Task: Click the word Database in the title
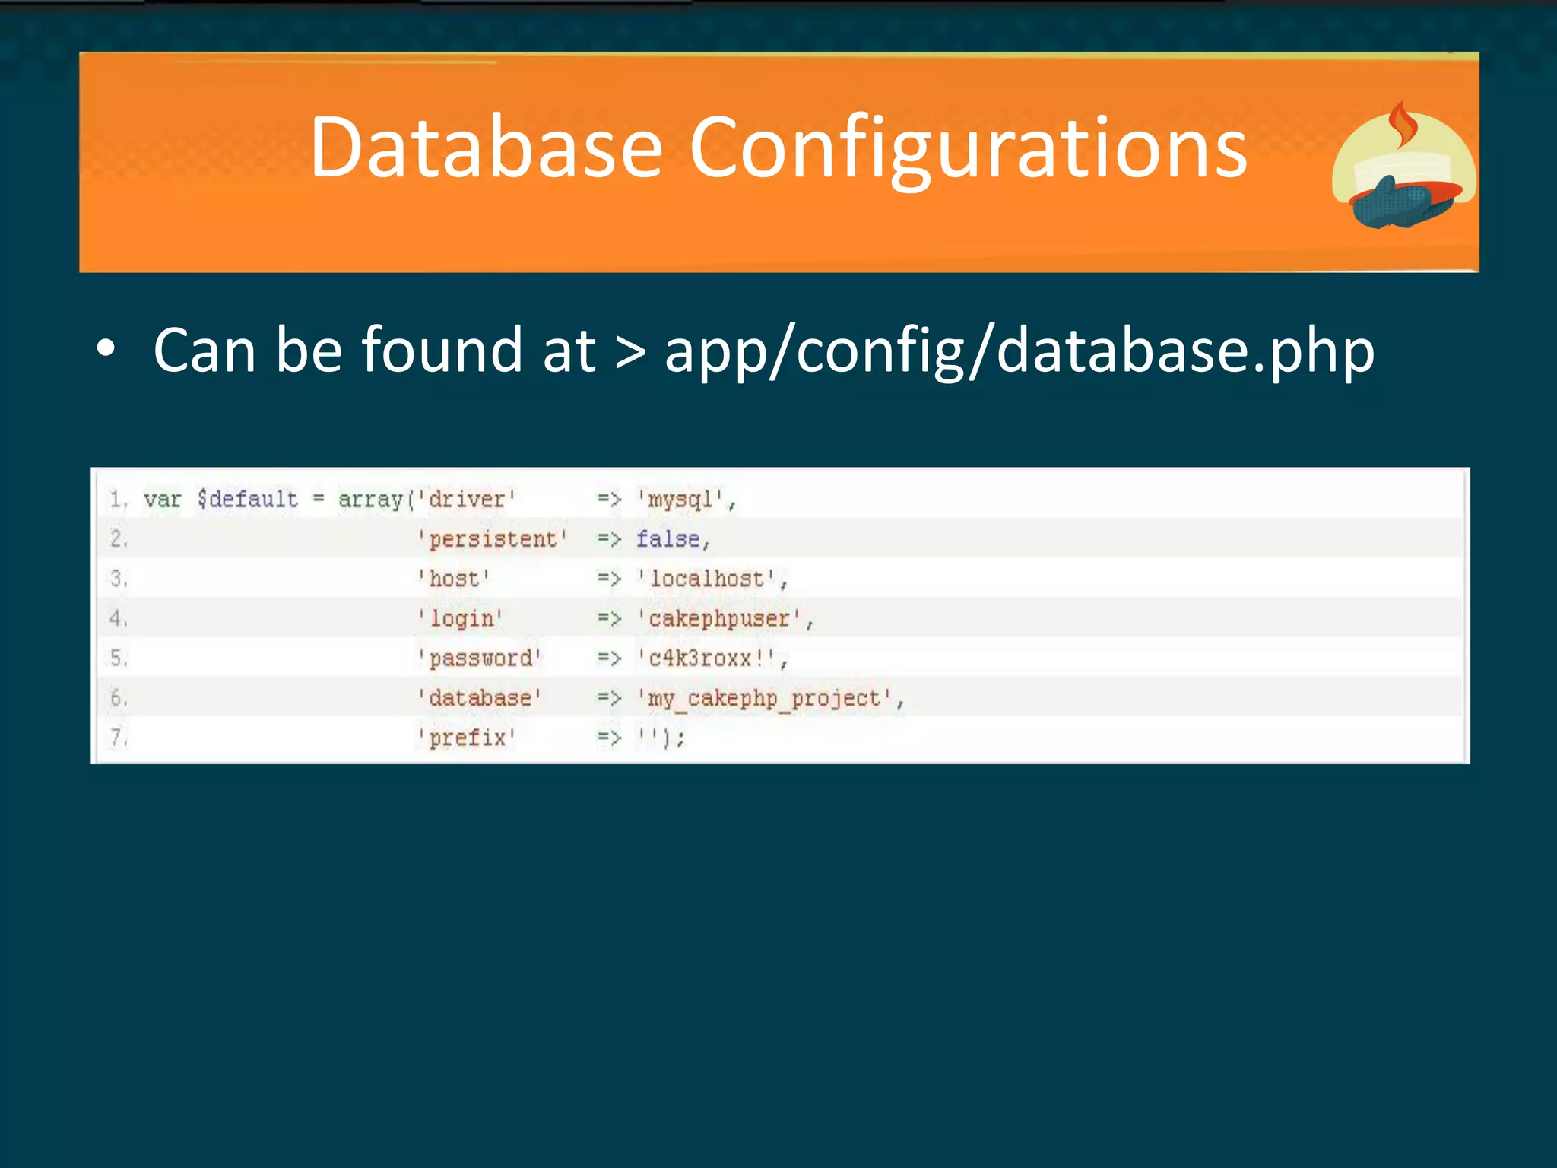click(487, 148)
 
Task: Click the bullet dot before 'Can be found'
click(106, 349)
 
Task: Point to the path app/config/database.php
click(1019, 351)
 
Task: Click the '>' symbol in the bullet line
click(629, 352)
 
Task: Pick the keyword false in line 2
click(668, 539)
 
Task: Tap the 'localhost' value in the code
click(706, 579)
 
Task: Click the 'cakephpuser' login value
click(719, 618)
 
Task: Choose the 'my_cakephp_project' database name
click(763, 698)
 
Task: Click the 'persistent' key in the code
click(492, 539)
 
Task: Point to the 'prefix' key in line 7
click(466, 738)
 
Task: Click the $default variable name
click(248, 500)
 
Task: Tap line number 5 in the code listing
click(118, 658)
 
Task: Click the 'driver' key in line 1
click(466, 500)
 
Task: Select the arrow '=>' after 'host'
click(609, 579)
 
